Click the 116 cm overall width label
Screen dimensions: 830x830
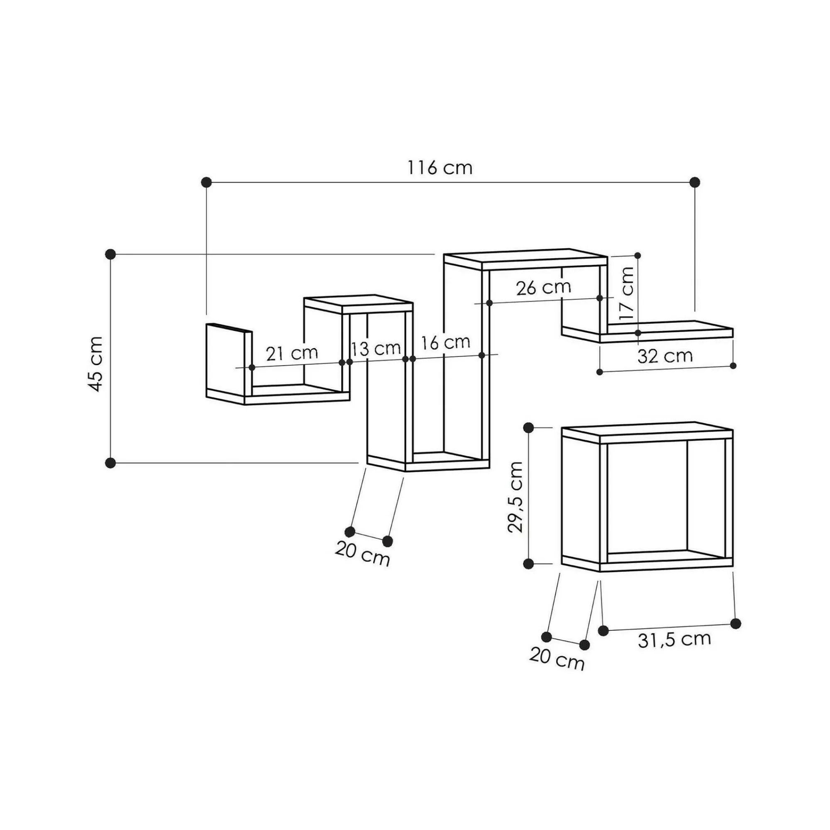pyautogui.click(x=440, y=168)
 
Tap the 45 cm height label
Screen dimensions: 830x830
pyautogui.click(x=95, y=364)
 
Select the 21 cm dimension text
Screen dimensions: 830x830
pyautogui.click(x=292, y=353)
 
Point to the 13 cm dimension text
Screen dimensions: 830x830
pyautogui.click(x=376, y=349)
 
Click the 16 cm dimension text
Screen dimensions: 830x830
pyautogui.click(x=445, y=342)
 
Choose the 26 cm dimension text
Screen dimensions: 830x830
pyautogui.click(x=544, y=288)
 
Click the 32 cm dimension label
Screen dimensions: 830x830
pyautogui.click(x=665, y=356)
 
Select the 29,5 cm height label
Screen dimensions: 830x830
pyautogui.click(x=515, y=497)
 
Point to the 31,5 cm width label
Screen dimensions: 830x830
pyautogui.click(x=674, y=651)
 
